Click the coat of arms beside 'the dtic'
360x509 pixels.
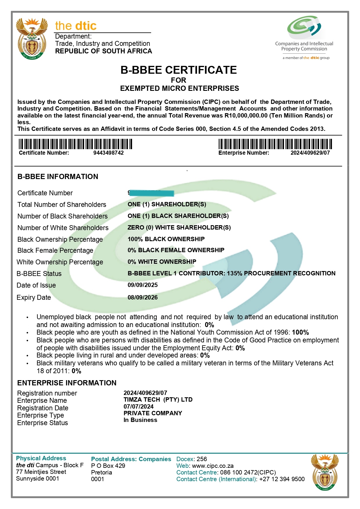point(32,38)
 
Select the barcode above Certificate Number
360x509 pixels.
point(75,144)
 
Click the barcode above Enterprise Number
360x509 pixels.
point(275,144)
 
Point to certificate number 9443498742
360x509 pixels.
point(108,153)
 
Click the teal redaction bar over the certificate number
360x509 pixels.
point(151,193)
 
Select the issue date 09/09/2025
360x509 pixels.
point(143,285)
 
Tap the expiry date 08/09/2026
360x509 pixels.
point(143,297)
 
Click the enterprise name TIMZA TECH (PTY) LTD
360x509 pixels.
point(158,400)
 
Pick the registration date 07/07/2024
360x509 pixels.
point(139,407)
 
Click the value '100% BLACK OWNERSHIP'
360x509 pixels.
point(166,239)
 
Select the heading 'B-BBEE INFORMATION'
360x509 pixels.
point(58,177)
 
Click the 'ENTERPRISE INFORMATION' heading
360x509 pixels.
point(67,383)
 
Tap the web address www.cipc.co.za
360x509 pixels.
point(213,466)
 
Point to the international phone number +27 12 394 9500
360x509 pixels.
point(282,479)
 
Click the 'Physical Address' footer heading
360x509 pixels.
point(41,458)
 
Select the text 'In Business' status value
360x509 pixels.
point(140,420)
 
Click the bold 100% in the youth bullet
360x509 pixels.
point(301,333)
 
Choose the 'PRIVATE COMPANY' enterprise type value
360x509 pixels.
point(153,413)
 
